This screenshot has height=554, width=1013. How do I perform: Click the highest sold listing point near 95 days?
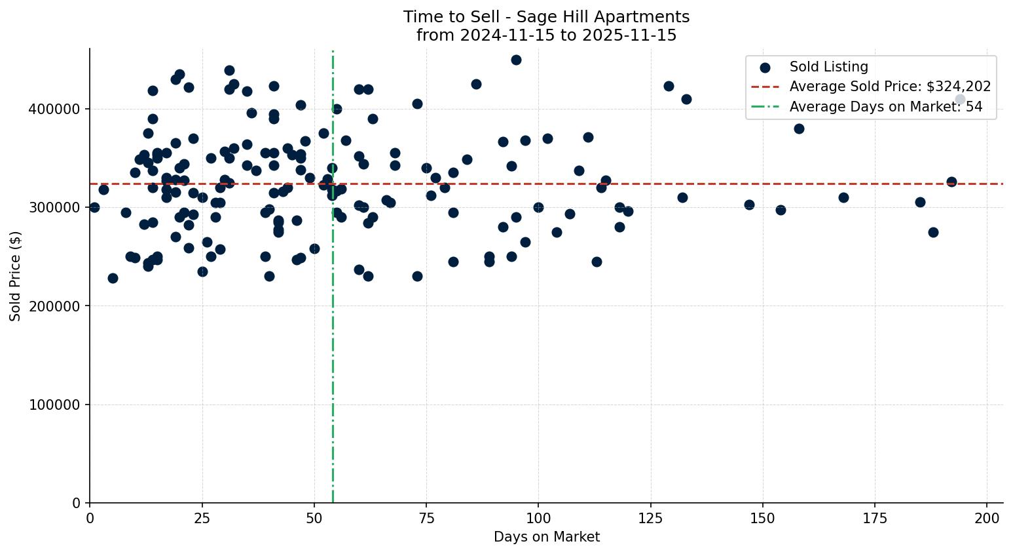(516, 60)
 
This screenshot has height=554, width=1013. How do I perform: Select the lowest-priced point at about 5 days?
(113, 278)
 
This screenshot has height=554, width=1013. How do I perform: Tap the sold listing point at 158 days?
(799, 129)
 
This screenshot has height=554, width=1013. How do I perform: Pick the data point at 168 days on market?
(843, 197)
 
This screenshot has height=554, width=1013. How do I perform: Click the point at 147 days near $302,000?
(749, 205)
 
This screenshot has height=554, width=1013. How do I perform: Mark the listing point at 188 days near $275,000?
(933, 232)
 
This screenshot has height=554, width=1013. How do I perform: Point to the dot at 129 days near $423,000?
(669, 86)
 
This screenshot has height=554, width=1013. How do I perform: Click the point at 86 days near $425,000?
(476, 84)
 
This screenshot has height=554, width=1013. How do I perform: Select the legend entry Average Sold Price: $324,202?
(889, 87)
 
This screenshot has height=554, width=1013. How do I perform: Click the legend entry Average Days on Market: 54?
(885, 107)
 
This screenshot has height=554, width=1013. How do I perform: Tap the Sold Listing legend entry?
(828, 67)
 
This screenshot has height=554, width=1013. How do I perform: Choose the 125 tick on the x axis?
(651, 518)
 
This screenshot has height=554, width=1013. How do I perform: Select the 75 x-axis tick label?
(426, 518)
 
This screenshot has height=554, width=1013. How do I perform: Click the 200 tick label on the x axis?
(987, 518)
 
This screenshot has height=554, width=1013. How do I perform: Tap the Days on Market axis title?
(546, 537)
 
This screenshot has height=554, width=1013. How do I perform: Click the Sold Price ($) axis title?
(16, 276)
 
